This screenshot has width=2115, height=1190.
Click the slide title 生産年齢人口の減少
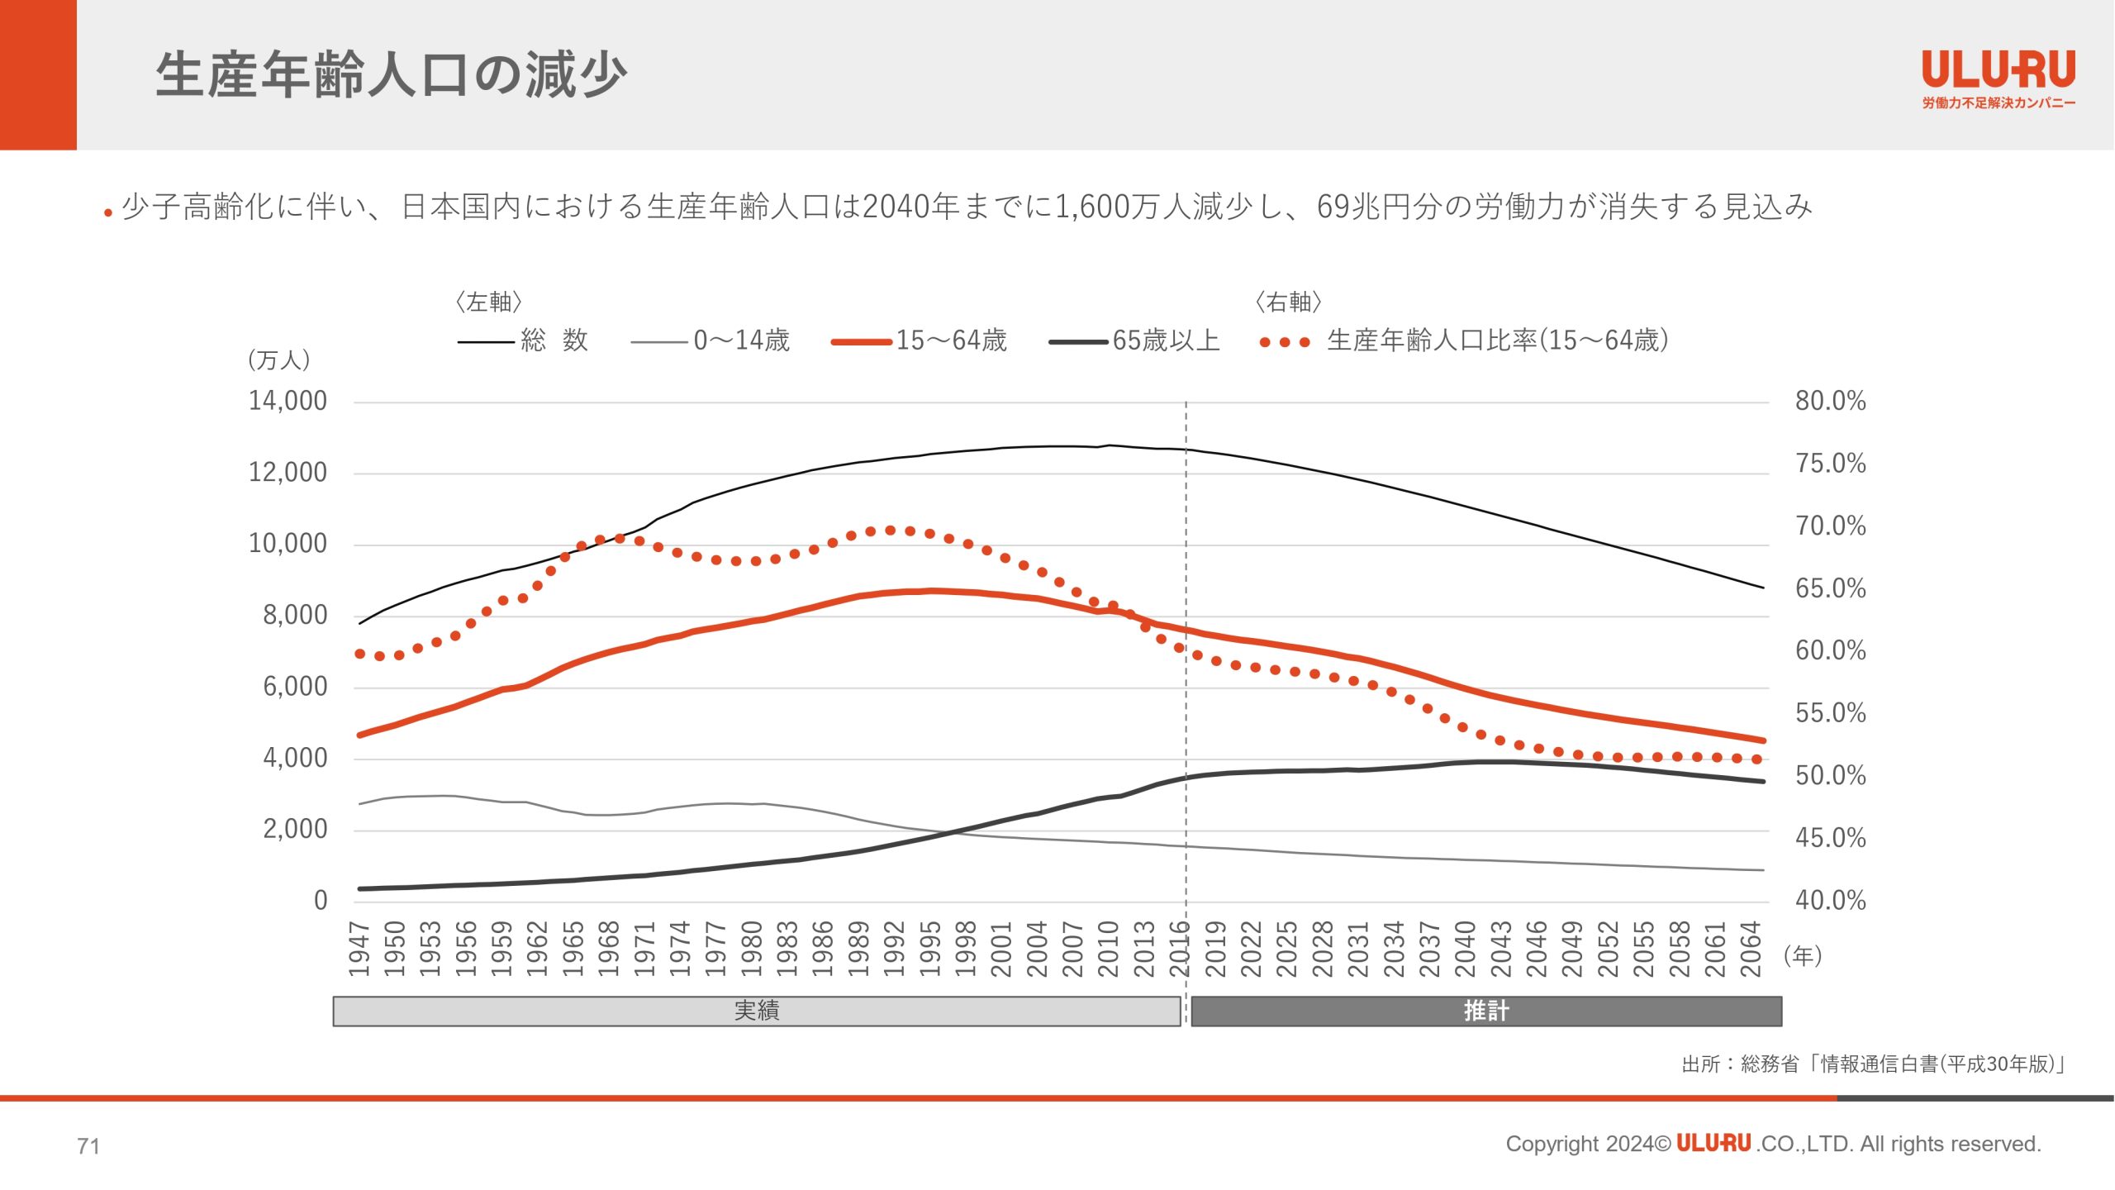pos(391,74)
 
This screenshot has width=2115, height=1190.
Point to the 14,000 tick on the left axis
pos(288,402)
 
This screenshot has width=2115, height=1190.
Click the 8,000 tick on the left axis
pos(295,616)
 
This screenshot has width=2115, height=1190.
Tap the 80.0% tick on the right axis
pos(1830,402)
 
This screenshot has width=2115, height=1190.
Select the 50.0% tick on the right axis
pos(1830,776)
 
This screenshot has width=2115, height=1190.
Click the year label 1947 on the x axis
pos(359,949)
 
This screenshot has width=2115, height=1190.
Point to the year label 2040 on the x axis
pos(1466,949)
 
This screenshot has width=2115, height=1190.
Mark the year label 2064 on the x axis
pos(1751,949)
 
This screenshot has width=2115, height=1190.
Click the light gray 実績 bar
pos(756,1011)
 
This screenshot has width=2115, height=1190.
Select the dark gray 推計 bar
pos(1485,1011)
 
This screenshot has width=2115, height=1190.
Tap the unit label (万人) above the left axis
pos(279,360)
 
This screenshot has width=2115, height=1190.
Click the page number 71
pos(88,1146)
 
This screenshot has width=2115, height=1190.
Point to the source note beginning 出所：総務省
pos(1873,1064)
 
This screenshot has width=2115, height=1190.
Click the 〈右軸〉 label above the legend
pos(1288,302)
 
